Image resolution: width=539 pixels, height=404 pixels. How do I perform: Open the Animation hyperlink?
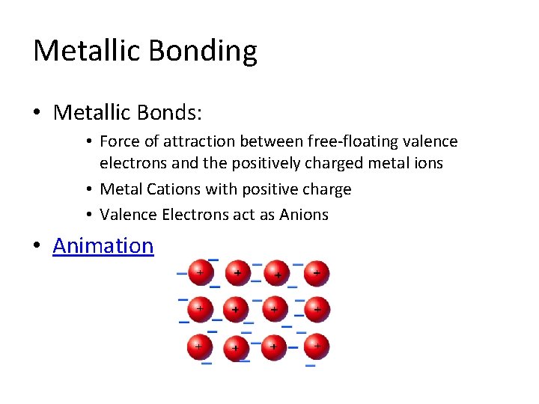(x=103, y=245)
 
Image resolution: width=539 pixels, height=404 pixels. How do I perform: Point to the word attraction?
(x=198, y=141)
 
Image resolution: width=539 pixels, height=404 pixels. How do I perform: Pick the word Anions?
(x=304, y=215)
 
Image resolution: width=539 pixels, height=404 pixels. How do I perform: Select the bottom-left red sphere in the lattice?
(x=198, y=346)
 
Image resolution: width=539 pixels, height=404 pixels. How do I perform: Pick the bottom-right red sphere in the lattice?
(x=317, y=346)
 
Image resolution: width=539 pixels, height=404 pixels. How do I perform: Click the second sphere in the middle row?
(x=236, y=308)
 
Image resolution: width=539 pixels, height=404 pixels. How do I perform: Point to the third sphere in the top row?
(x=277, y=273)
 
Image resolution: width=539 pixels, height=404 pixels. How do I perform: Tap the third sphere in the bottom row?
(x=275, y=347)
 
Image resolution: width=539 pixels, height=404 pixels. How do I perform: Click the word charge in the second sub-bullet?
(x=326, y=189)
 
